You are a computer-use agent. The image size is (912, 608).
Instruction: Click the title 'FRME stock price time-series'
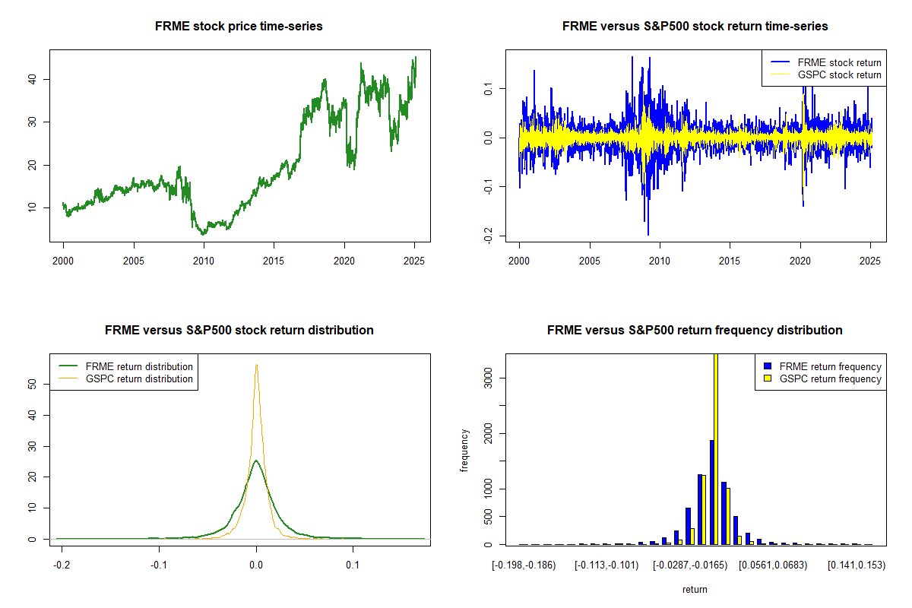[x=239, y=27]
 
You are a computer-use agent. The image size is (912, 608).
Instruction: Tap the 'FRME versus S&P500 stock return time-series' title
[x=695, y=27]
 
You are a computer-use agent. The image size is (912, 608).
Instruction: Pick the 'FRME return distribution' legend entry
[x=139, y=366]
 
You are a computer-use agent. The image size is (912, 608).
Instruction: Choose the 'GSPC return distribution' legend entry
[x=139, y=378]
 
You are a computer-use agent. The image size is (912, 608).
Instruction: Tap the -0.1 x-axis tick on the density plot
[x=159, y=566]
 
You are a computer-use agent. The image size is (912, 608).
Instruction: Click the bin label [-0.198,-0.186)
[x=524, y=566]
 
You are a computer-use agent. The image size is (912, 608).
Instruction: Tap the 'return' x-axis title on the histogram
[x=695, y=589]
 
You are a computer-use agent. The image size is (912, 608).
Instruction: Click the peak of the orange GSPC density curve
[x=256, y=364]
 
